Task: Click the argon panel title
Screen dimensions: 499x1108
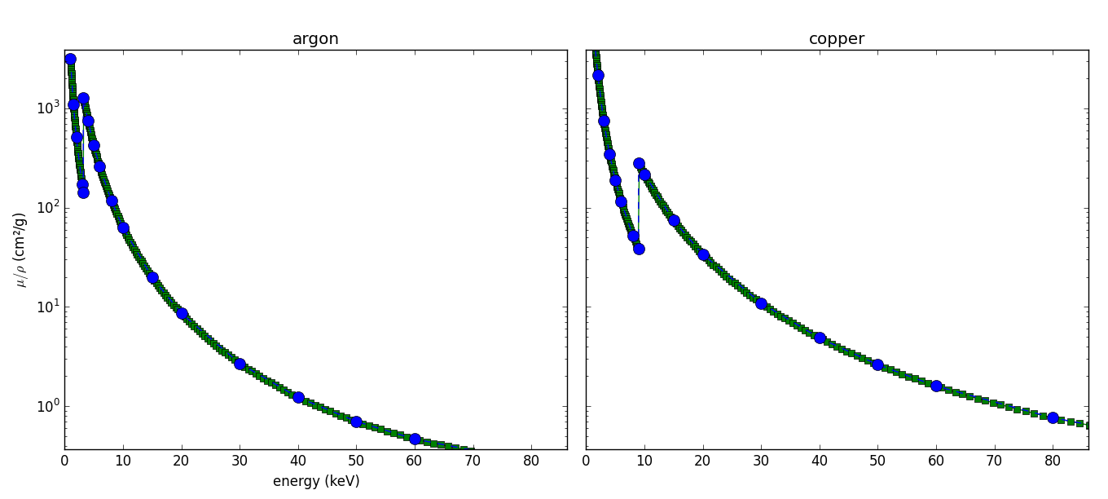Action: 315,39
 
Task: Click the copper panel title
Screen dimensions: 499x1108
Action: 836,39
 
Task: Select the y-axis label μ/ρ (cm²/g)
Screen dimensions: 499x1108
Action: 20,249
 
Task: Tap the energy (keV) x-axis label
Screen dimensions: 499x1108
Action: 315,481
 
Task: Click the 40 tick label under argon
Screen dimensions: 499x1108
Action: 298,461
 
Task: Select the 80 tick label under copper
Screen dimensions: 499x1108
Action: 1053,461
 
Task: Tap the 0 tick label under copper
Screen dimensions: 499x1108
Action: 586,461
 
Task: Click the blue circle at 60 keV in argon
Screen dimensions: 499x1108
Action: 415,439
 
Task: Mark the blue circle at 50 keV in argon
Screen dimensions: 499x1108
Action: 356,422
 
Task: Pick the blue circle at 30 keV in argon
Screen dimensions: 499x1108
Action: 240,364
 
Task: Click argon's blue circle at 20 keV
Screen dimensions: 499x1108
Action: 182,313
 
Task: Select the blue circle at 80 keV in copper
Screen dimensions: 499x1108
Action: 1053,417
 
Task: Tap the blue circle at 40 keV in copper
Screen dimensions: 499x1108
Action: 820,338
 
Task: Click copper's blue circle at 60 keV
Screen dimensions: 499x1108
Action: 936,386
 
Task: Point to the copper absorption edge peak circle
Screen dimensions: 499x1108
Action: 639,164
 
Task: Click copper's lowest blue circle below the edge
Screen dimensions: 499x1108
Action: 639,249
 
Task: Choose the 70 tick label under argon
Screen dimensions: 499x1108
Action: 473,461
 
